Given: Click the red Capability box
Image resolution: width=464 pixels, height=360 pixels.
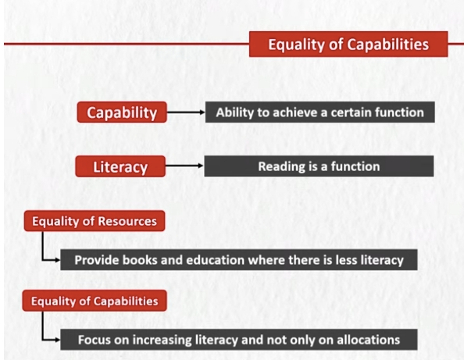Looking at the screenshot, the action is [122, 112].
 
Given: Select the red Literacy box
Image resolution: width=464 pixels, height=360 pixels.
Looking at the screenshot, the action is [120, 166].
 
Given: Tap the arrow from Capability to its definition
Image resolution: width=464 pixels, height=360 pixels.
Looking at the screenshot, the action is [186, 112].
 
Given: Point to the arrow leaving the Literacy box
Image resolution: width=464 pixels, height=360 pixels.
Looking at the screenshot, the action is [184, 166].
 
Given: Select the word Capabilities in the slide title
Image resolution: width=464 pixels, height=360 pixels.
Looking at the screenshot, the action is [387, 45].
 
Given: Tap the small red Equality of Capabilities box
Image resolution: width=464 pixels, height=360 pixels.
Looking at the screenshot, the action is [95, 301].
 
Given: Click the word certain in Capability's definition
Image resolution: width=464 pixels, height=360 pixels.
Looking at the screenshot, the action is [351, 112].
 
